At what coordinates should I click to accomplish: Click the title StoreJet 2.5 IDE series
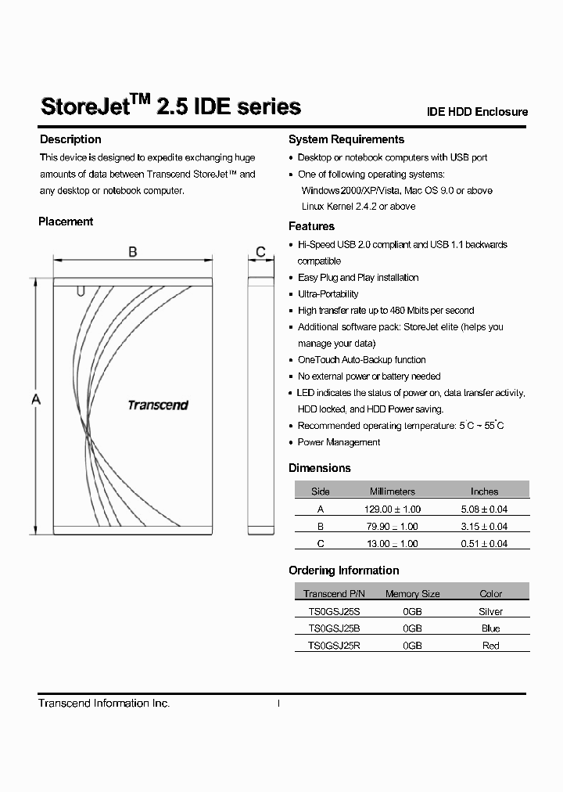(x=170, y=106)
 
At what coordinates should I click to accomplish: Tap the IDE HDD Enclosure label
(x=477, y=112)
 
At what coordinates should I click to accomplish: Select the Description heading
(x=70, y=139)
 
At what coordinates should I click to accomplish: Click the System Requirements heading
(x=346, y=139)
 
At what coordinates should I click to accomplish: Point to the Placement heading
(x=66, y=221)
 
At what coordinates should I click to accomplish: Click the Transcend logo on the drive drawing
(x=158, y=405)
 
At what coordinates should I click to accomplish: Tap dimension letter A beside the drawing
(x=35, y=400)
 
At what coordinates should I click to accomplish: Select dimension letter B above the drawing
(x=133, y=251)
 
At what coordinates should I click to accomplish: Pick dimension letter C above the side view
(x=260, y=251)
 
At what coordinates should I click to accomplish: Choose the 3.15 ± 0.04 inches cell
(x=484, y=526)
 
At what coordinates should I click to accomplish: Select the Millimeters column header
(x=393, y=491)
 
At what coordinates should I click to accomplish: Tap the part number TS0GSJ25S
(x=334, y=611)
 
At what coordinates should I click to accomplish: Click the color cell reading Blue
(x=490, y=628)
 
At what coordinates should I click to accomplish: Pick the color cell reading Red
(x=490, y=646)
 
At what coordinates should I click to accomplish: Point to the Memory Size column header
(x=412, y=594)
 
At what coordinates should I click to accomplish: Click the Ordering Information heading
(x=344, y=571)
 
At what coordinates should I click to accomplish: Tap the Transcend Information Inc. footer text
(x=104, y=704)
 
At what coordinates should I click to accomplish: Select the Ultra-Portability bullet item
(x=328, y=294)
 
